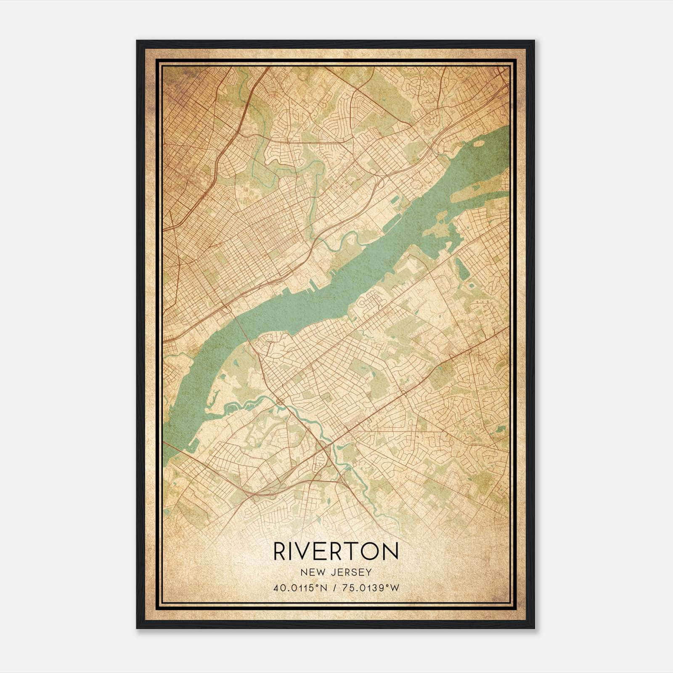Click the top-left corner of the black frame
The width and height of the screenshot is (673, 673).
[138, 41]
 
